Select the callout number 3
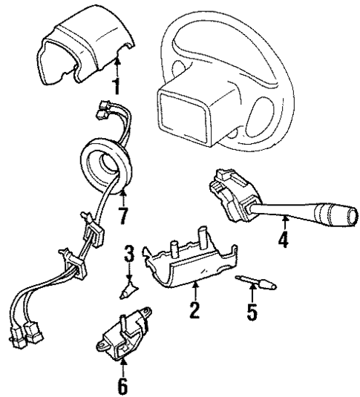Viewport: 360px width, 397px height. [129, 257]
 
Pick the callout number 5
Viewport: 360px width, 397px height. [252, 309]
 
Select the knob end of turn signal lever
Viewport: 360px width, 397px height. [335, 223]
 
